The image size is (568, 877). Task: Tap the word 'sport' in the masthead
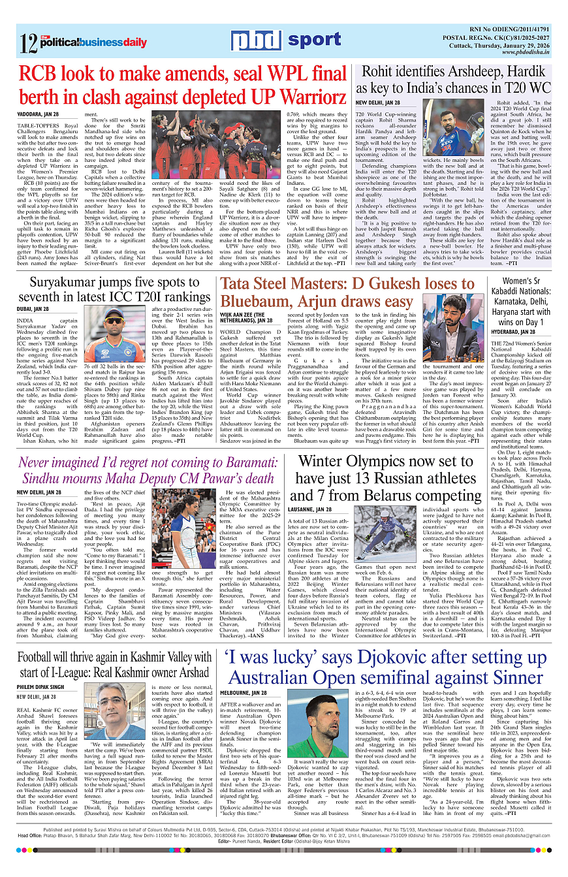click(x=315, y=40)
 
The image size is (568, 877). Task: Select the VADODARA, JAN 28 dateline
click(x=38, y=114)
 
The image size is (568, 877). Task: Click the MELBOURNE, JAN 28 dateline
click(x=244, y=692)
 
